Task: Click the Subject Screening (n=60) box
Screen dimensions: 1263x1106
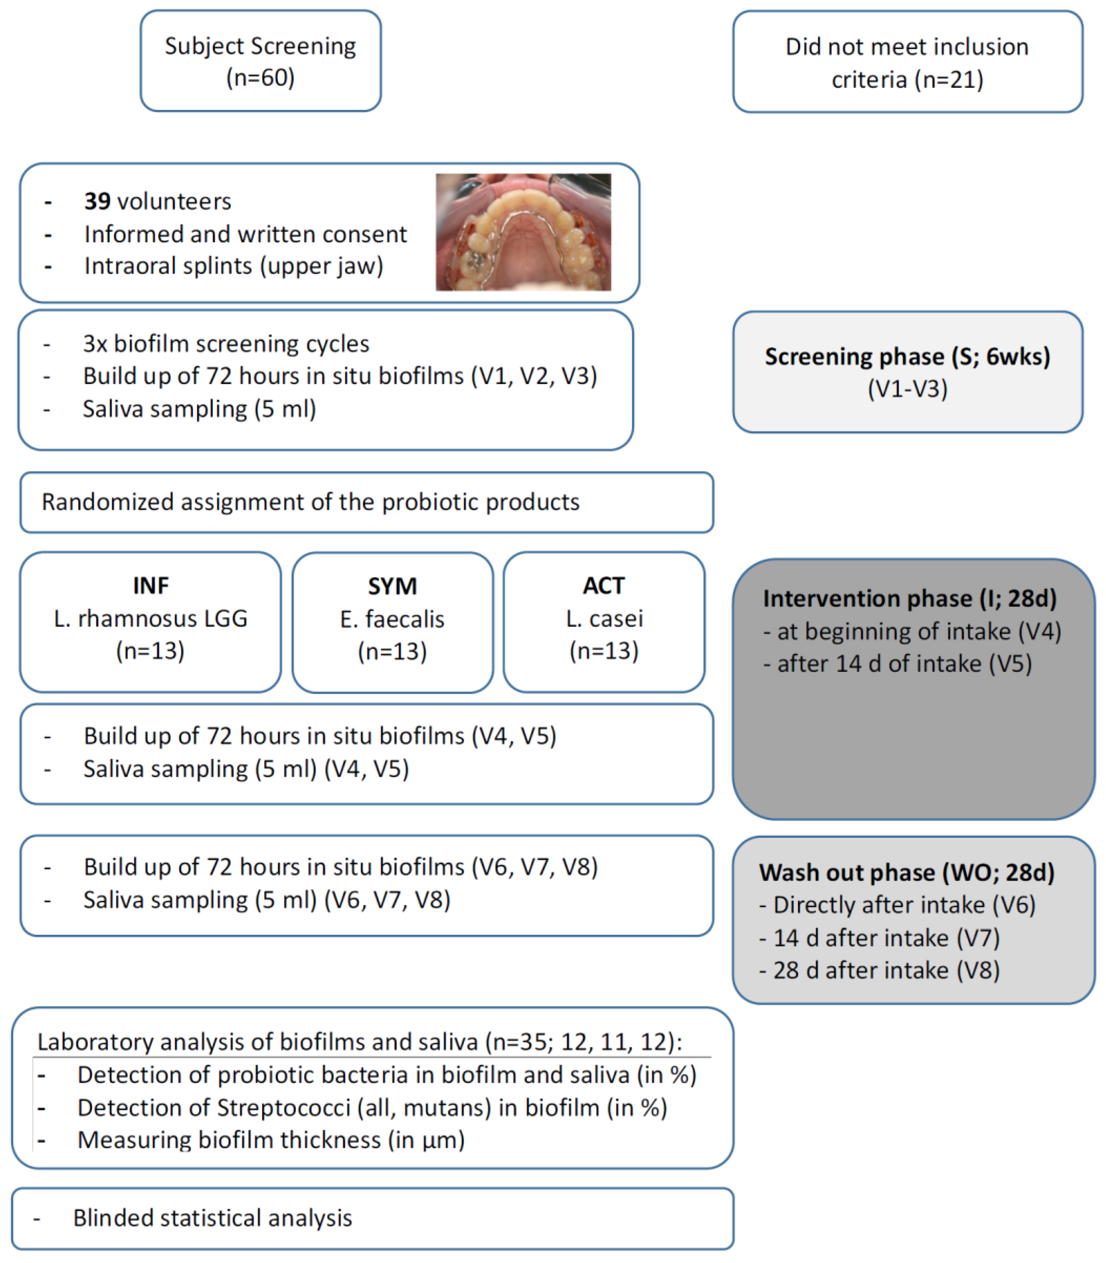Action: pos(260,61)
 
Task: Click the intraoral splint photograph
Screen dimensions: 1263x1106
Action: pos(523,232)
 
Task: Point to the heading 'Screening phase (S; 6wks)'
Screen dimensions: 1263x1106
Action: pos(907,357)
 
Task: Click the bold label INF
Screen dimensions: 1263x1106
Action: pos(150,585)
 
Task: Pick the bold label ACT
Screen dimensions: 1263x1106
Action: pos(604,585)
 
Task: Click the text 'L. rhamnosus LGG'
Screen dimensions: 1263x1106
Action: pos(150,618)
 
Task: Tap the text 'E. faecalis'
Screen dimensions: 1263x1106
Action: pos(393,619)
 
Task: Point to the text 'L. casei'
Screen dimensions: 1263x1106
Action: pos(604,618)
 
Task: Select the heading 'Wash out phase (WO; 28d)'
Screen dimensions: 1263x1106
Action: pos(906,872)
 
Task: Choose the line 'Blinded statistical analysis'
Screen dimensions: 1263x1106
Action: pos(212,1218)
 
